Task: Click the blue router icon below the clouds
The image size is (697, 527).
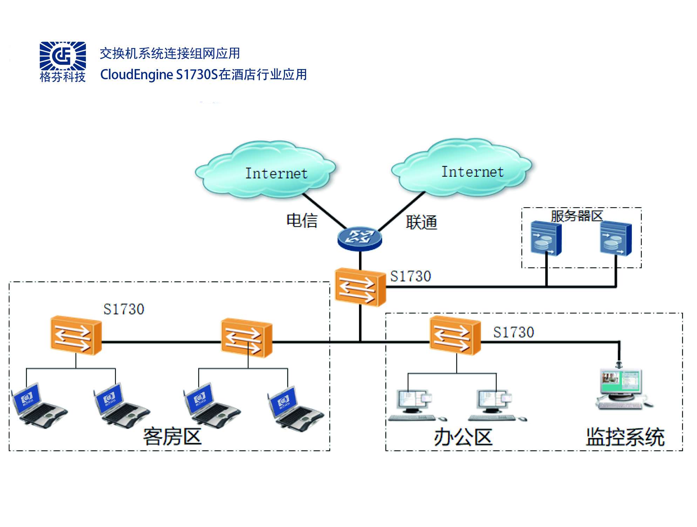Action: pyautogui.click(x=359, y=238)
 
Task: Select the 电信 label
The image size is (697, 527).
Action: pyautogui.click(x=302, y=221)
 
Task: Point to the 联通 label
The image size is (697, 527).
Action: pyautogui.click(x=421, y=222)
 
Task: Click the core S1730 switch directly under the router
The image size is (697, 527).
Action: pyautogui.click(x=360, y=287)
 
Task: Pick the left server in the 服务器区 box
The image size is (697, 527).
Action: pyautogui.click(x=546, y=238)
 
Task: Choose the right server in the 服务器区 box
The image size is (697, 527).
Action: pyautogui.click(x=615, y=238)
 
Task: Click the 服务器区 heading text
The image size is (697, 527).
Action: pyautogui.click(x=577, y=215)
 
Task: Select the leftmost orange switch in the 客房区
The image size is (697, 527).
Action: pyautogui.click(x=76, y=336)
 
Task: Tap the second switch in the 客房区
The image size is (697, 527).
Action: pyautogui.click(x=246, y=338)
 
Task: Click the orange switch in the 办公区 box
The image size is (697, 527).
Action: pyautogui.click(x=455, y=336)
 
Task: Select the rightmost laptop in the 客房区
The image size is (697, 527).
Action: pyautogui.click(x=295, y=408)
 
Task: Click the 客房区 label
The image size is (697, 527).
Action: pyautogui.click(x=172, y=437)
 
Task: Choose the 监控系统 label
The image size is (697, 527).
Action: pyautogui.click(x=625, y=437)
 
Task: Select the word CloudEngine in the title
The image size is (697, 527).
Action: pyautogui.click(x=136, y=75)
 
